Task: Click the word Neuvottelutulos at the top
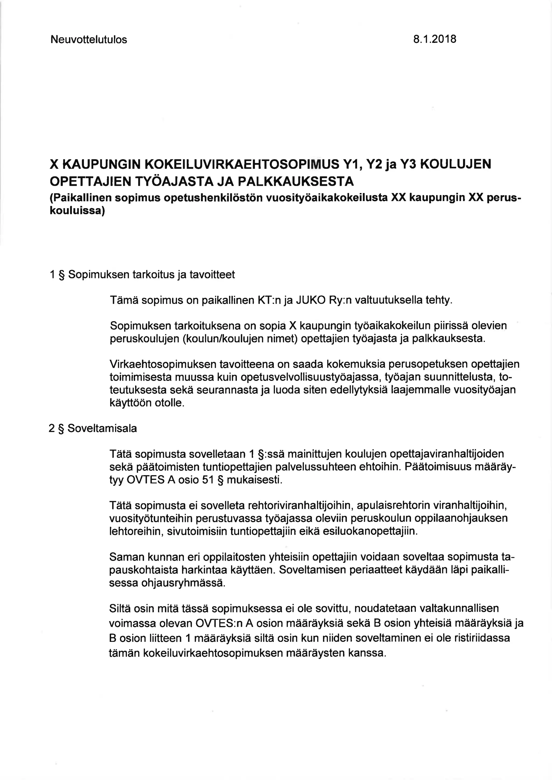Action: tap(89, 40)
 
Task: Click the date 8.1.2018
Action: tap(435, 39)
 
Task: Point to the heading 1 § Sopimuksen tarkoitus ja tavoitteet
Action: tap(142, 274)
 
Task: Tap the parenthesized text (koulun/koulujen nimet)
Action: tap(240, 339)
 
